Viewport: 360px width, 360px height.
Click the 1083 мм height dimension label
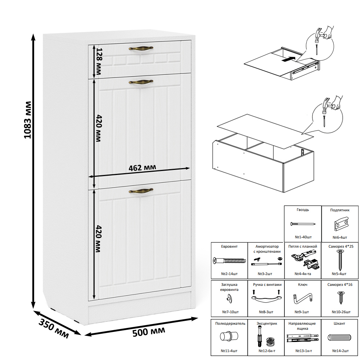[28, 120]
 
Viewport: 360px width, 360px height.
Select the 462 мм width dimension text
[142, 168]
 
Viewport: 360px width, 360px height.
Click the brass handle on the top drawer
[141, 49]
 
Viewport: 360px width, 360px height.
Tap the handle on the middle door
[141, 82]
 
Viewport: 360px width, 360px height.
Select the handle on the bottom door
[141, 190]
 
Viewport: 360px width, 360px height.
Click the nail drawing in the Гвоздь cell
[303, 224]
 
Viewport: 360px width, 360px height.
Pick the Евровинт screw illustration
[229, 261]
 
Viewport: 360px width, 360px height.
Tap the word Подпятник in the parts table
[340, 210]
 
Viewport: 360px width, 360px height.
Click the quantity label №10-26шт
[341, 312]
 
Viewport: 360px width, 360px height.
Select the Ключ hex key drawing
[303, 298]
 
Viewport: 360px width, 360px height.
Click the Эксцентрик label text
[267, 324]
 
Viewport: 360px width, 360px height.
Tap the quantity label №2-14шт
[229, 274]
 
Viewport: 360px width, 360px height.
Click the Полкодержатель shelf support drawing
[229, 336]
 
